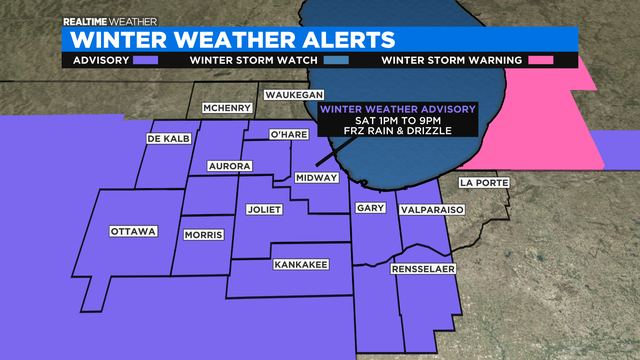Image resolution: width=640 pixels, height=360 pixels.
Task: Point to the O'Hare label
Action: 288,134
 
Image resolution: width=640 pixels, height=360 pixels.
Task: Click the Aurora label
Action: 228,166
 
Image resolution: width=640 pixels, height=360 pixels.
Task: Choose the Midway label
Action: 316,177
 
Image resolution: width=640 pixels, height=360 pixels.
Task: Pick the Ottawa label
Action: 133,232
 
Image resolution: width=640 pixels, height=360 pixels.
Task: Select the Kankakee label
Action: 299,265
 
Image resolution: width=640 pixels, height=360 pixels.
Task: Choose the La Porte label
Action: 479,182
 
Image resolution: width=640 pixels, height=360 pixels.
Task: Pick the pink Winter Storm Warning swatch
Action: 541,61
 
